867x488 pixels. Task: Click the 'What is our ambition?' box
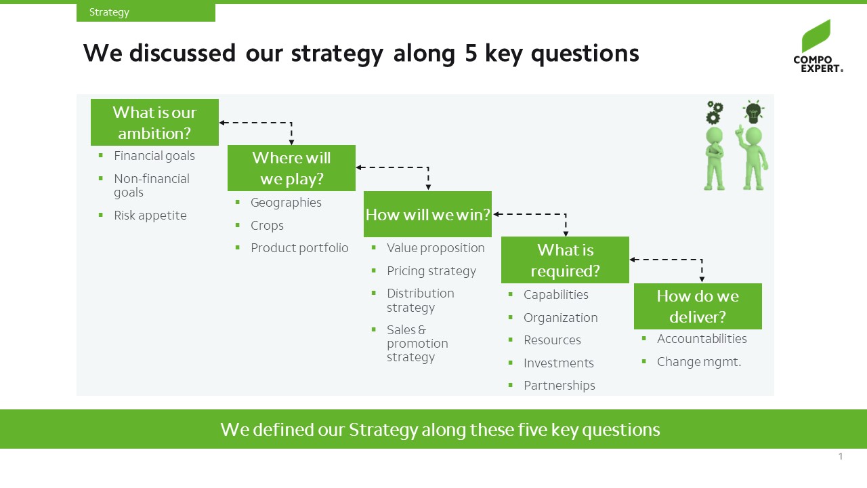154,123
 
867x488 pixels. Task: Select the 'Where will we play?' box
291,168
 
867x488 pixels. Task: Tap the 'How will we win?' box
427,214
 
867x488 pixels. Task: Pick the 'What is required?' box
565,260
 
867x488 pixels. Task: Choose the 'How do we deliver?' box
698,306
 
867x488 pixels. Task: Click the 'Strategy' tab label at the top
109,12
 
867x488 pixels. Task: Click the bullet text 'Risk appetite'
150,216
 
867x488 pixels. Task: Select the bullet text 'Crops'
267,226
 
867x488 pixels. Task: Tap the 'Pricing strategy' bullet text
431,271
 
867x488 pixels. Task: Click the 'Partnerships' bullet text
559,386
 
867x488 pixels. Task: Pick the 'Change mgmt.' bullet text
699,362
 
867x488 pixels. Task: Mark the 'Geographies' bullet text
286,203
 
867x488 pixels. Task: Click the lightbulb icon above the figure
753,112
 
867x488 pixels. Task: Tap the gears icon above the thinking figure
715,113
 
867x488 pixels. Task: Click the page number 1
841,456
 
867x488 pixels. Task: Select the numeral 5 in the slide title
471,53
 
